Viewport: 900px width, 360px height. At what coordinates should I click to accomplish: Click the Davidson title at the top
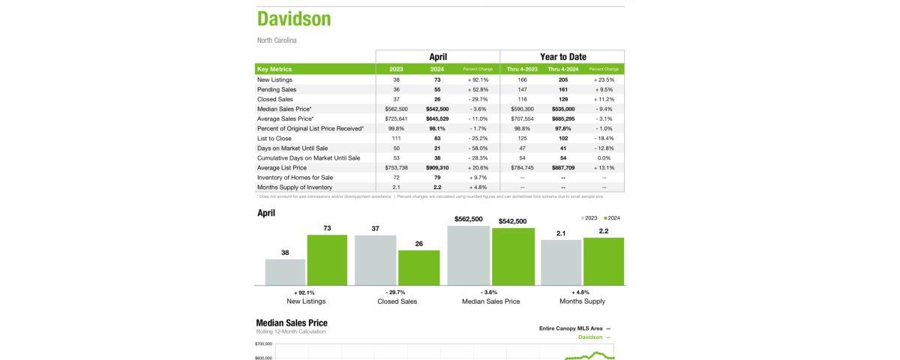click(294, 19)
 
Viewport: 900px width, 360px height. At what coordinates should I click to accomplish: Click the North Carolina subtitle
click(277, 40)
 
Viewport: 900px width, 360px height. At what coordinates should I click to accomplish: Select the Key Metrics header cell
click(274, 69)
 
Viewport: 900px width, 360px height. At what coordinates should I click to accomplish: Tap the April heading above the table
click(438, 57)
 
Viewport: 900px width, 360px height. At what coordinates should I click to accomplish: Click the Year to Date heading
click(562, 57)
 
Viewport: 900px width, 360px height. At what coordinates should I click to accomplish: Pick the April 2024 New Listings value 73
click(437, 79)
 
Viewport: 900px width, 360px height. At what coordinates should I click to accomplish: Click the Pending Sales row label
click(276, 89)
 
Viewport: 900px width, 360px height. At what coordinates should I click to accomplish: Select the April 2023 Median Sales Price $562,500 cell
click(396, 109)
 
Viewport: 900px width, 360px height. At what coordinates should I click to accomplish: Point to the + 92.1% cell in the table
click(478, 79)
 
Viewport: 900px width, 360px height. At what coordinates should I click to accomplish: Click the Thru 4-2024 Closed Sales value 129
click(562, 99)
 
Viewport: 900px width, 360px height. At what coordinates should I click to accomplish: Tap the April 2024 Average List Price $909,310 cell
click(437, 167)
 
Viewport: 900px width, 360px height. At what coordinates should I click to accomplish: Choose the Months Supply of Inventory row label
click(295, 187)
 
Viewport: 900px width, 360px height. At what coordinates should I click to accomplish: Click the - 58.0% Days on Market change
click(478, 148)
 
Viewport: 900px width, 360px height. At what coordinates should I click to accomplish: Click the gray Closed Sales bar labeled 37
click(375, 259)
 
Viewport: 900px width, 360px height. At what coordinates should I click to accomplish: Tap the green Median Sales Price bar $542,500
click(513, 256)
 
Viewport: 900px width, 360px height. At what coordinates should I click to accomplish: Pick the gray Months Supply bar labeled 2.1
click(561, 262)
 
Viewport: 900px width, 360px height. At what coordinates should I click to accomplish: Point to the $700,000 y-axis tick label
click(264, 343)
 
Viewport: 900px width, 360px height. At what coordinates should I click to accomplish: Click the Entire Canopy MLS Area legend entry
click(571, 328)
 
